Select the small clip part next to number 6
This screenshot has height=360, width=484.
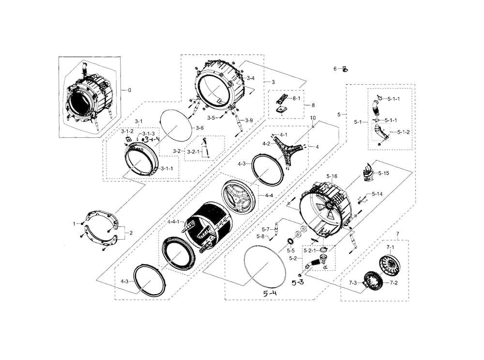345,69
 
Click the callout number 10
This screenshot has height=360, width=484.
313,118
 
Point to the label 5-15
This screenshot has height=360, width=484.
383,173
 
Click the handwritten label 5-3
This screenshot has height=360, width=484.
297,282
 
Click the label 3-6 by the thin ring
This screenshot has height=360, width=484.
199,127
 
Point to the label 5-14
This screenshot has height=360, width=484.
377,195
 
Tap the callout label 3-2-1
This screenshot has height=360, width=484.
194,151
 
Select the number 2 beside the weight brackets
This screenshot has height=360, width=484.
130,233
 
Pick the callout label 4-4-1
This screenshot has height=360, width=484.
174,222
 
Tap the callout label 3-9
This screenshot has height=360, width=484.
249,120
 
